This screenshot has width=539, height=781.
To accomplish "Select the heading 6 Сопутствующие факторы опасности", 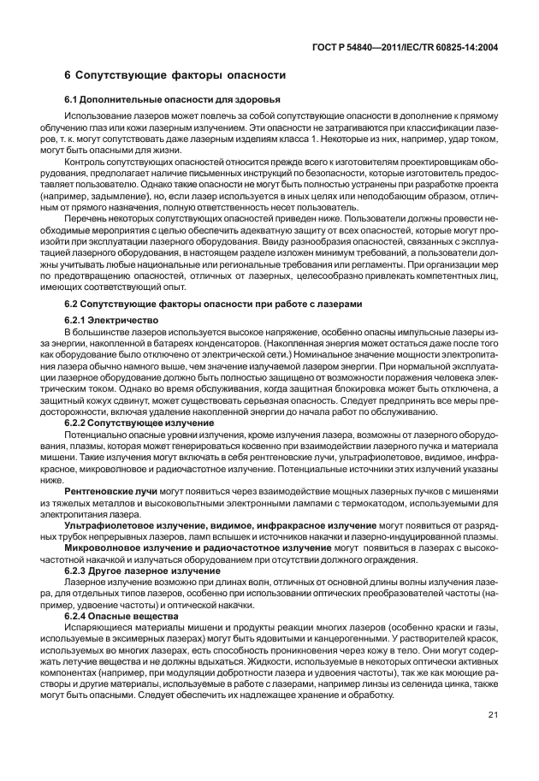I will point(175,76).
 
